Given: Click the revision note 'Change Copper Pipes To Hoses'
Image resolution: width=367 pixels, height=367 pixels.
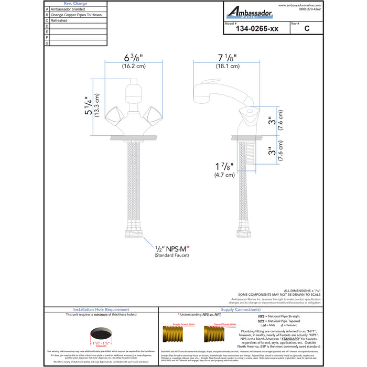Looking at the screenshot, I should click(76, 15).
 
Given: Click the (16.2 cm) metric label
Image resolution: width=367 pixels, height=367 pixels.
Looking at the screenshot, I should click(134, 67).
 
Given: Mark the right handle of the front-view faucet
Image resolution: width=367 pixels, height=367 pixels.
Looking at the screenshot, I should click(153, 114).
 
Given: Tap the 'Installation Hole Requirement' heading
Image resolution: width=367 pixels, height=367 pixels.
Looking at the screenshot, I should click(101, 310).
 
